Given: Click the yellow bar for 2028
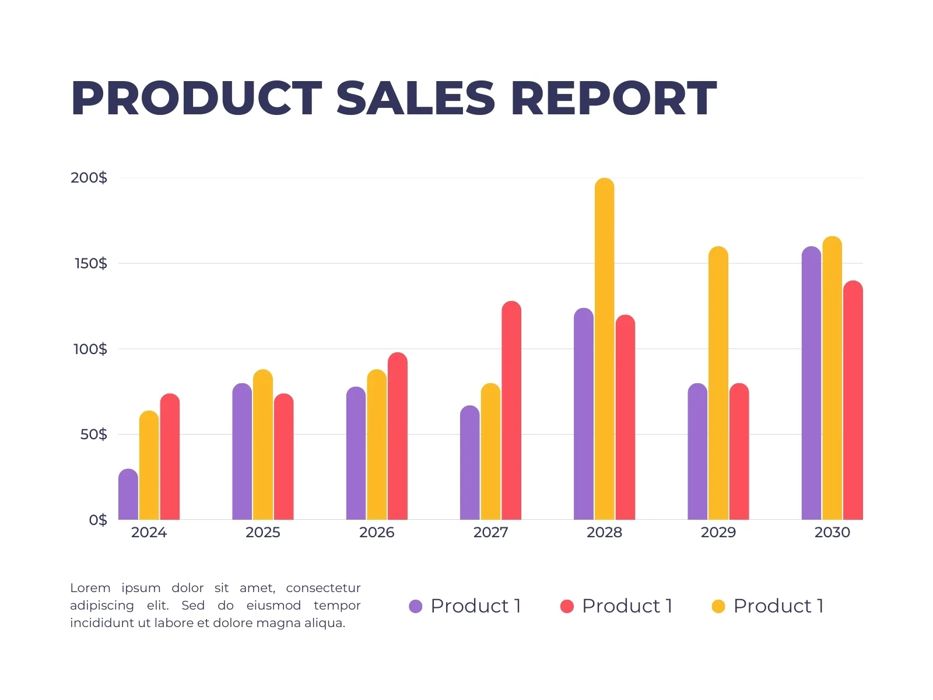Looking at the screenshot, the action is (604, 348).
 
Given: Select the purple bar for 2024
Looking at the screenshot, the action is (128, 494).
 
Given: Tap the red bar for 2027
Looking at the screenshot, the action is (511, 410).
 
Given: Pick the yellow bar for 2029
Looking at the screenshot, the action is (718, 383).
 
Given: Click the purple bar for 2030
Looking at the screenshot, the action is (811, 383).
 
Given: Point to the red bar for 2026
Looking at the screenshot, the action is (397, 436).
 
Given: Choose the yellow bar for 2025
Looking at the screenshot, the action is (262, 444).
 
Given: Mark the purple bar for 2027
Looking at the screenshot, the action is (469, 463).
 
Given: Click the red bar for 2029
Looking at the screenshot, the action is (739, 452).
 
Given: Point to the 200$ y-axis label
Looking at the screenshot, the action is (89, 177).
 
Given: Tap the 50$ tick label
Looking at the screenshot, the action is (93, 434).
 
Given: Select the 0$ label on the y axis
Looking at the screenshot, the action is (98, 519).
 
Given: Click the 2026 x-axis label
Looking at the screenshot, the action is (377, 532).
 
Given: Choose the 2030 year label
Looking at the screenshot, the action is (832, 532).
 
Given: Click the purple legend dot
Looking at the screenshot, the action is (415, 606).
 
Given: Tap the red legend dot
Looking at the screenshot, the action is (567, 606).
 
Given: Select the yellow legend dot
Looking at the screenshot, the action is (718, 606).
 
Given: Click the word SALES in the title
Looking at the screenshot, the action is (415, 98).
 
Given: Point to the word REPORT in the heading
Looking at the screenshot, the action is (614, 98).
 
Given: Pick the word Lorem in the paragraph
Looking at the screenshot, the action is (90, 588).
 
